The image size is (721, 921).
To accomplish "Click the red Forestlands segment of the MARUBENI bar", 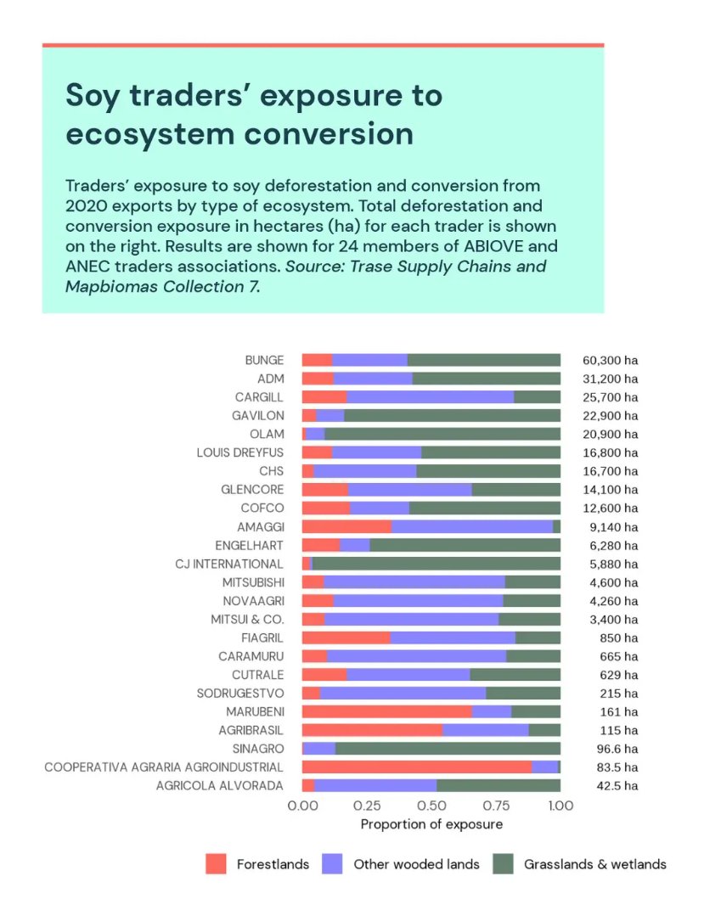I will [386, 711].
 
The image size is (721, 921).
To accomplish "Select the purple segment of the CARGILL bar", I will [431, 397].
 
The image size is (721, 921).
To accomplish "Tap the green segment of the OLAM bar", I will [442, 434].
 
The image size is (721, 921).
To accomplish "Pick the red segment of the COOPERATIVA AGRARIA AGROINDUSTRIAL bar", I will [417, 767].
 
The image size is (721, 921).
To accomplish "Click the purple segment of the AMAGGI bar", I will [471, 526].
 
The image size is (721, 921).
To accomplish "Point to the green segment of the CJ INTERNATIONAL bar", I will [436, 564].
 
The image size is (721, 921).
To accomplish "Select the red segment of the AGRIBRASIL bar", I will [372, 730].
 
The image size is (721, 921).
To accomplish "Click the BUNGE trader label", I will [264, 360].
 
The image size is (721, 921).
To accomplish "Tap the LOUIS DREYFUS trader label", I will [240, 452].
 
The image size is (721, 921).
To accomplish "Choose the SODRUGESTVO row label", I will [241, 693].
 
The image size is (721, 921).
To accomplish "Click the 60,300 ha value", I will [610, 360].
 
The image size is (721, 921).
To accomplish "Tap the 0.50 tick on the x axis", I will [431, 806].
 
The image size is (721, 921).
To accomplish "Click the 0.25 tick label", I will [367, 806].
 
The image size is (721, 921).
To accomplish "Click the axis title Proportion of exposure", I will [431, 824].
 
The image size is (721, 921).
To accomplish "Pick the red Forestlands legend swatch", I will [217, 864].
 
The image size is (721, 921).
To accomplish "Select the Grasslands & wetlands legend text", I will [594, 864].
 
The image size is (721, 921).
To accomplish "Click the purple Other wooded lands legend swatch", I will [334, 864].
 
